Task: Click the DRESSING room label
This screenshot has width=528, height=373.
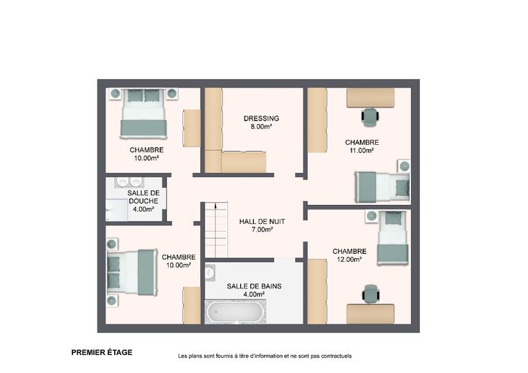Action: click(261, 118)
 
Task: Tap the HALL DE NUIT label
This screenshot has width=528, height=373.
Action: click(262, 222)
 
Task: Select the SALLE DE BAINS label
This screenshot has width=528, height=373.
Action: click(254, 286)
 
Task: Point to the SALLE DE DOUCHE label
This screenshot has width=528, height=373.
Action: click(143, 197)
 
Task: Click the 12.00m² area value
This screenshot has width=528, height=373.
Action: click(349, 260)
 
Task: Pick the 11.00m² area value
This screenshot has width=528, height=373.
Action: click(362, 151)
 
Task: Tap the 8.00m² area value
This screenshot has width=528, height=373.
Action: click(261, 126)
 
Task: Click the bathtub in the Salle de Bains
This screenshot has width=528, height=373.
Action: click(235, 311)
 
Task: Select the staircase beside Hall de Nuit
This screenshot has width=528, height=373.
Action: click(216, 230)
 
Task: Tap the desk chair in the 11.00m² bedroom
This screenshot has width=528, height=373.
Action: click(370, 116)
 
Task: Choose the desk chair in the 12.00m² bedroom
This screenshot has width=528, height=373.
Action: click(371, 293)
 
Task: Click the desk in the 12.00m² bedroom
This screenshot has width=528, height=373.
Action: click(370, 313)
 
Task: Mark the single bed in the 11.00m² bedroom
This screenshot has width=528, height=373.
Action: click(382, 187)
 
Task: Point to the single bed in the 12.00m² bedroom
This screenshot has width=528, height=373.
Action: click(392, 237)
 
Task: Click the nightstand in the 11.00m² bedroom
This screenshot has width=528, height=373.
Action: click(404, 166)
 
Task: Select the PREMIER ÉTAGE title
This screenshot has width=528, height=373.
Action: click(102, 352)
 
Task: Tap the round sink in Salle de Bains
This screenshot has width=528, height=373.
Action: click(209, 273)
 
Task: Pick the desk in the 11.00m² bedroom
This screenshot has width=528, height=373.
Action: click(370, 98)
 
